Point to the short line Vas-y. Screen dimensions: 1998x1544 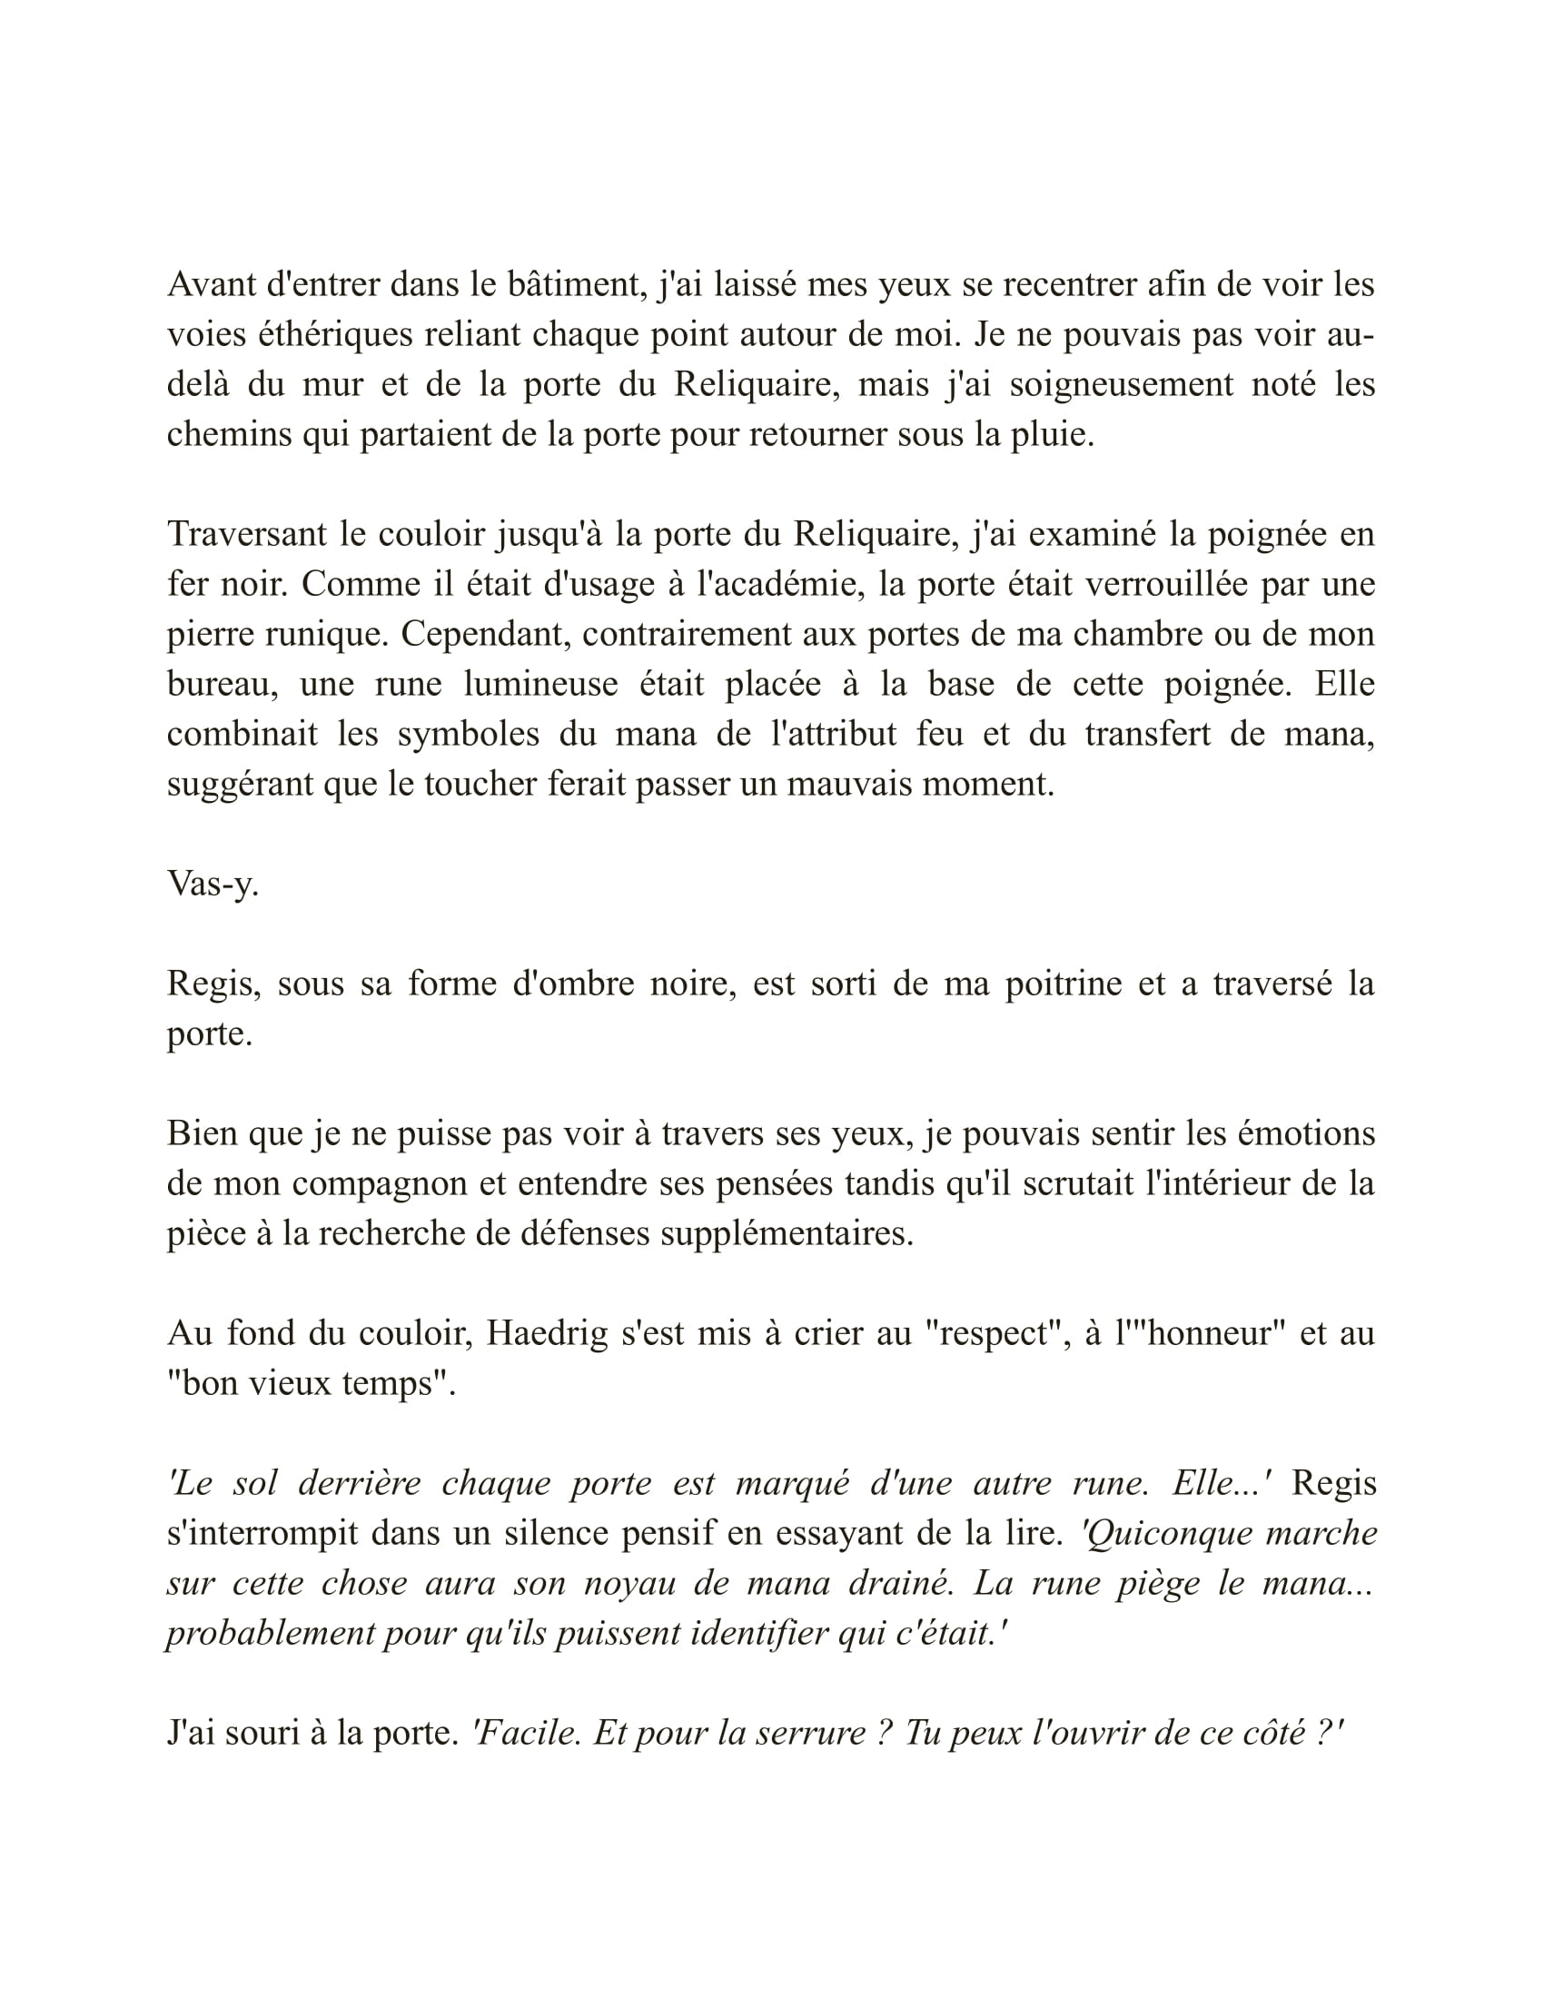pyautogui.click(x=213, y=884)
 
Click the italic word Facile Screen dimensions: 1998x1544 pyautogui.click(x=527, y=1733)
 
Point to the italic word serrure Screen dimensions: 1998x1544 pyautogui.click(x=802, y=1733)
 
